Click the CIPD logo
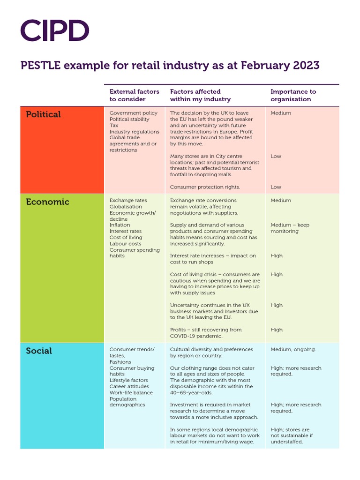(55, 30)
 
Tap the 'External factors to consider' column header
(135, 95)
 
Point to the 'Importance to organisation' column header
(293, 95)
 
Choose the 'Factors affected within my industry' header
(200, 95)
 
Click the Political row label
(43, 114)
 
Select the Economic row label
(47, 202)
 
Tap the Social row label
(39, 351)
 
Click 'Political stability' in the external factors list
(129, 119)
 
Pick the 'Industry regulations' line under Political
(134, 132)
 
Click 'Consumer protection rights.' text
(205, 187)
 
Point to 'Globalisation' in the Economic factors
(126, 207)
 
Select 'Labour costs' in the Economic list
(125, 244)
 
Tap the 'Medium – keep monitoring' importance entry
(290, 228)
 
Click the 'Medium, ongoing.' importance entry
(293, 349)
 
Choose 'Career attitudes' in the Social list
(129, 387)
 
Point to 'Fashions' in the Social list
(120, 362)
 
